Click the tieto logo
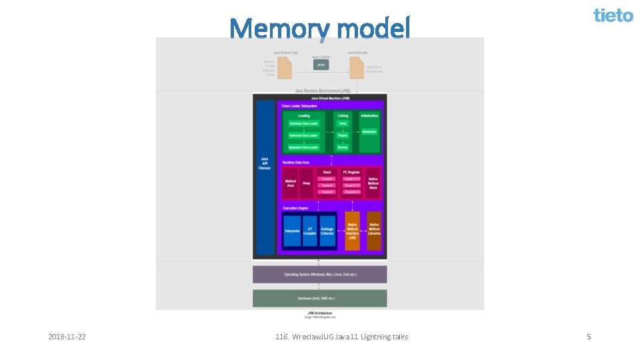point(613,15)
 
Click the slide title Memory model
point(320,29)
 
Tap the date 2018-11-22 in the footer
point(67,337)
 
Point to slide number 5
point(589,337)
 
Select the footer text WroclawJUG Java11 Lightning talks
point(341,337)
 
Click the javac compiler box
point(321,65)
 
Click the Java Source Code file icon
point(285,67)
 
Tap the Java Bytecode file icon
point(357,67)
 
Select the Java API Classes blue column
point(265,177)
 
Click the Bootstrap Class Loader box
point(303,123)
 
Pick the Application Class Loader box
point(303,147)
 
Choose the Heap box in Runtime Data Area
point(307,183)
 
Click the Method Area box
point(291,183)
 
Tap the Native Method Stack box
point(373,183)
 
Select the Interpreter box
point(292,231)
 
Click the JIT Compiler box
point(310,231)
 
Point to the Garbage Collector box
point(327,231)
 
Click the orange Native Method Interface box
point(352,231)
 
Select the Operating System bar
point(319,275)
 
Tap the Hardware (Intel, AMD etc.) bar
point(319,298)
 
